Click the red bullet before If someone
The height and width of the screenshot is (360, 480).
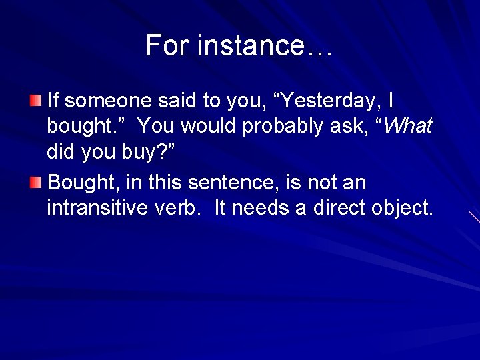pyautogui.click(x=36, y=101)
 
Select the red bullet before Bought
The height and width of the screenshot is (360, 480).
pyautogui.click(x=36, y=182)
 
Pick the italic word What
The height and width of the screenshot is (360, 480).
pyautogui.click(x=408, y=125)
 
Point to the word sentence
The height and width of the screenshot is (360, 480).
pyautogui.click(x=229, y=183)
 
